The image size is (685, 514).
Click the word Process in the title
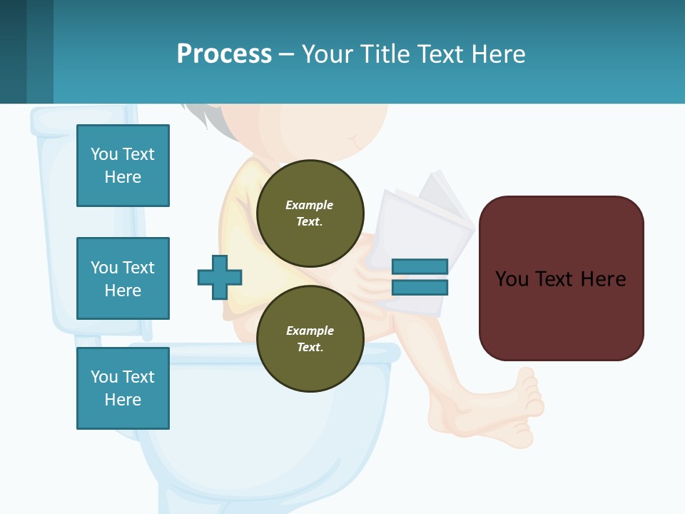[x=224, y=54]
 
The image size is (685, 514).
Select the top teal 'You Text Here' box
[x=123, y=166]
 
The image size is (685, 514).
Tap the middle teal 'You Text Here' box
[x=123, y=278]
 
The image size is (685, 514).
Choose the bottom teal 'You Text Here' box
[x=123, y=388]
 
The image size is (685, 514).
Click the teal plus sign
[x=220, y=277]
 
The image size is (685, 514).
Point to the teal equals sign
[x=420, y=277]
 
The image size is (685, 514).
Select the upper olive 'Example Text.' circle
[x=310, y=213]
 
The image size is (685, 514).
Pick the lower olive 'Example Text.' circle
[x=310, y=338]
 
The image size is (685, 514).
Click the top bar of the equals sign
[x=420, y=266]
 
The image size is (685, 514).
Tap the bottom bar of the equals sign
[x=420, y=287]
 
